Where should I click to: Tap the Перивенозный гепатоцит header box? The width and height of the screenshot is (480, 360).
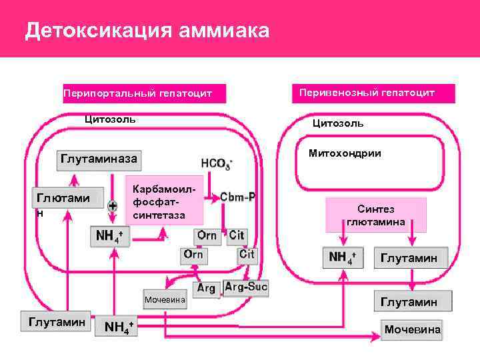pos(373,93)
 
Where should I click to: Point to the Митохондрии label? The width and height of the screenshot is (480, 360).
pos(345,153)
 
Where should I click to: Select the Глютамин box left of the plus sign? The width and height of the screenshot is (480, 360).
pos(63,199)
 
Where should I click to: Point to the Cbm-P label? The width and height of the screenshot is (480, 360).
pos(238,197)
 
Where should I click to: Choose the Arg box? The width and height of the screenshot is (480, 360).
pos(206,288)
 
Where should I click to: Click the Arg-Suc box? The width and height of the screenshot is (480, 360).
pos(246,287)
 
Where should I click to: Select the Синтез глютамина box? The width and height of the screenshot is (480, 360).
pos(375,215)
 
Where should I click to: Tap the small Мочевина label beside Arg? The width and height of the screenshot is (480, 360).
pos(164,300)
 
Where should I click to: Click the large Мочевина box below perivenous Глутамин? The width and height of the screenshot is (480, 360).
pos(412,329)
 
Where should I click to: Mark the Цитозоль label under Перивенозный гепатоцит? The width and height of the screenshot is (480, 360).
pos(338,123)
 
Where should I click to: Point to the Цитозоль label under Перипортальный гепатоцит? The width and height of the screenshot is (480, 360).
pos(109,119)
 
